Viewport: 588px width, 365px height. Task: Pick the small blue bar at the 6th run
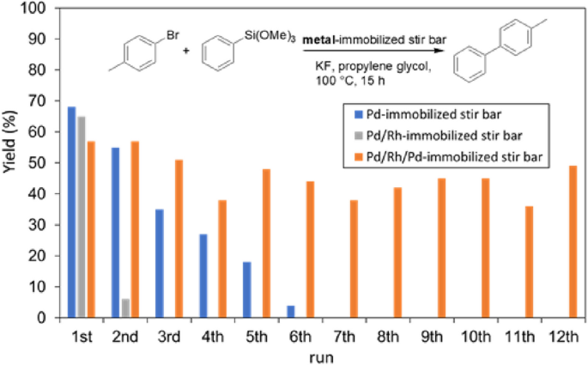pos(290,312)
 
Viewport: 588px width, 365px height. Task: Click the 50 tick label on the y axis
pos(39,162)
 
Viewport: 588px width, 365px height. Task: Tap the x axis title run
pos(322,354)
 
